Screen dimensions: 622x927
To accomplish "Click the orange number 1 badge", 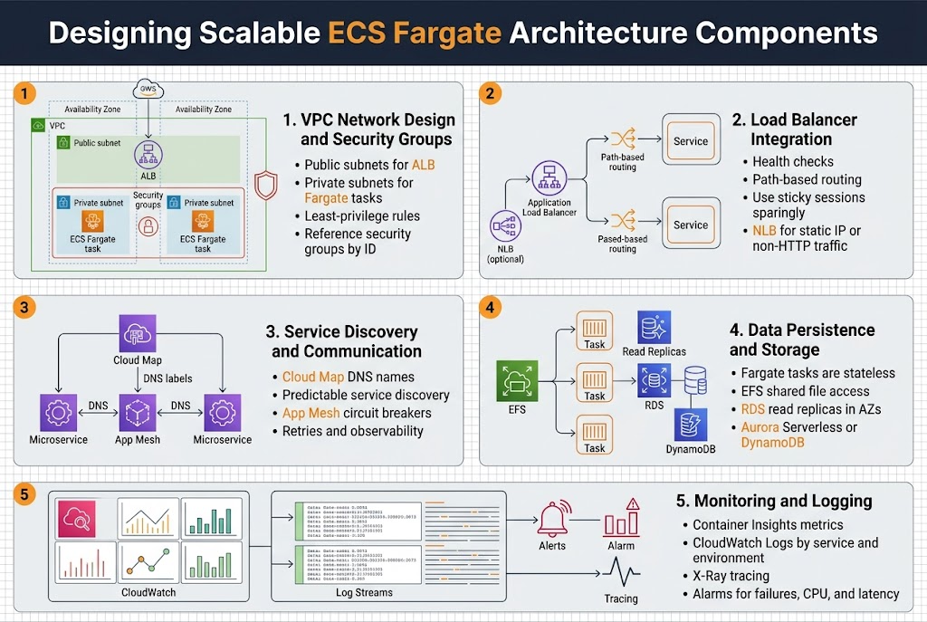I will click(x=26, y=93).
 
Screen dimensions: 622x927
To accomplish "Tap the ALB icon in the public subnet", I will click(x=148, y=153).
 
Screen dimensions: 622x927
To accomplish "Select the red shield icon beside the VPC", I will click(x=266, y=185).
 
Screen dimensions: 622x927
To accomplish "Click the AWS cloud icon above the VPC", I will click(x=148, y=90).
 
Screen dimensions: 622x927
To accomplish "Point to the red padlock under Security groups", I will click(x=148, y=226).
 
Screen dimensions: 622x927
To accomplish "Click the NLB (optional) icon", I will click(x=505, y=225).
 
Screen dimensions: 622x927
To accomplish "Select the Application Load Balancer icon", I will click(x=549, y=177).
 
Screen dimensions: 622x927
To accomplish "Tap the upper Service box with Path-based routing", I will click(x=691, y=140).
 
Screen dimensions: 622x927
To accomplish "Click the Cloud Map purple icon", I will click(x=138, y=333).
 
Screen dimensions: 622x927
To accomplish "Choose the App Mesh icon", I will click(x=138, y=412).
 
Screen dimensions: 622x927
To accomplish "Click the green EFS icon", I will click(x=517, y=380).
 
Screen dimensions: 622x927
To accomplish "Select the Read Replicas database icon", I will click(x=654, y=327).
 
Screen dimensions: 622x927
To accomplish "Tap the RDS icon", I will click(x=654, y=378).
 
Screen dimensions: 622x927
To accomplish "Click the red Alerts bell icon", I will click(x=551, y=518).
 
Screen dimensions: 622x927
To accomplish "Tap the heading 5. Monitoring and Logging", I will click(x=774, y=501).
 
